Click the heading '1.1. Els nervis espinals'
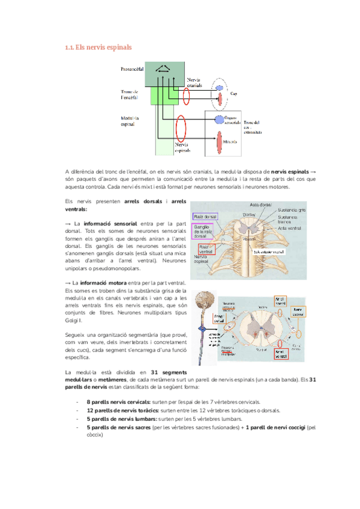coord(98,47)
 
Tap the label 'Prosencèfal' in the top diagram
coord(133,69)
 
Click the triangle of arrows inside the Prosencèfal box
coord(163,69)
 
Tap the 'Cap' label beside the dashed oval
coord(234,93)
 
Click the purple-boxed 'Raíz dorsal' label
coord(206,216)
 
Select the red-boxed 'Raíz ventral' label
coord(205,249)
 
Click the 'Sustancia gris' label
coord(292,209)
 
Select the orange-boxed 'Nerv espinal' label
coord(298,312)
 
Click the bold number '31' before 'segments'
coord(155,372)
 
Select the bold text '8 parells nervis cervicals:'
coord(119,401)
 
